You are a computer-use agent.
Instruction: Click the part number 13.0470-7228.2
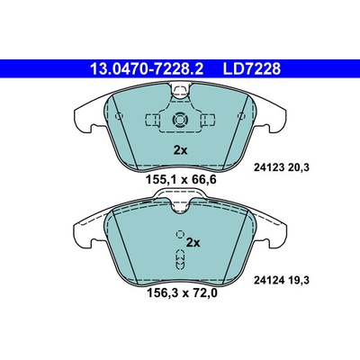point(147,68)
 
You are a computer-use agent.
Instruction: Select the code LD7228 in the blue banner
point(251,68)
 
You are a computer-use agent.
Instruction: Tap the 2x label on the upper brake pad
point(180,150)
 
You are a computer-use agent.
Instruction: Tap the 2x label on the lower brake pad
point(193,242)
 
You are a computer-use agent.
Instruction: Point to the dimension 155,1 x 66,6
point(181,180)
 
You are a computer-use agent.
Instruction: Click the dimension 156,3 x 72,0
point(182,292)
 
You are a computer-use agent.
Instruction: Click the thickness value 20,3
point(298,168)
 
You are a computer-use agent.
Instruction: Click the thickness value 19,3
point(298,281)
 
